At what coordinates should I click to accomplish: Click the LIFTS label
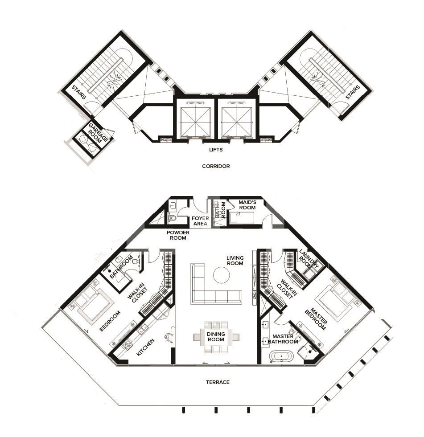[216, 150]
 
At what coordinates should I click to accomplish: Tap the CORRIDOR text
[216, 166]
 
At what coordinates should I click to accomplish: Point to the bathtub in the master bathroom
[281, 357]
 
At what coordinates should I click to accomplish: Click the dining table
[215, 337]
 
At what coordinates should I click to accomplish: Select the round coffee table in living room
[221, 275]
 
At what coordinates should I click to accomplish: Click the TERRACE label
[218, 382]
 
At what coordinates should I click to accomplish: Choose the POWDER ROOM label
[178, 235]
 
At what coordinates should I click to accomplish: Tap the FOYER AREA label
[200, 221]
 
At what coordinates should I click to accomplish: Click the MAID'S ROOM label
[247, 205]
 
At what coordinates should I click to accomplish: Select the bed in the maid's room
[241, 218]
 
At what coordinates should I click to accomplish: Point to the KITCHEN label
[145, 347]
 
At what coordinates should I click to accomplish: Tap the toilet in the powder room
[172, 219]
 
